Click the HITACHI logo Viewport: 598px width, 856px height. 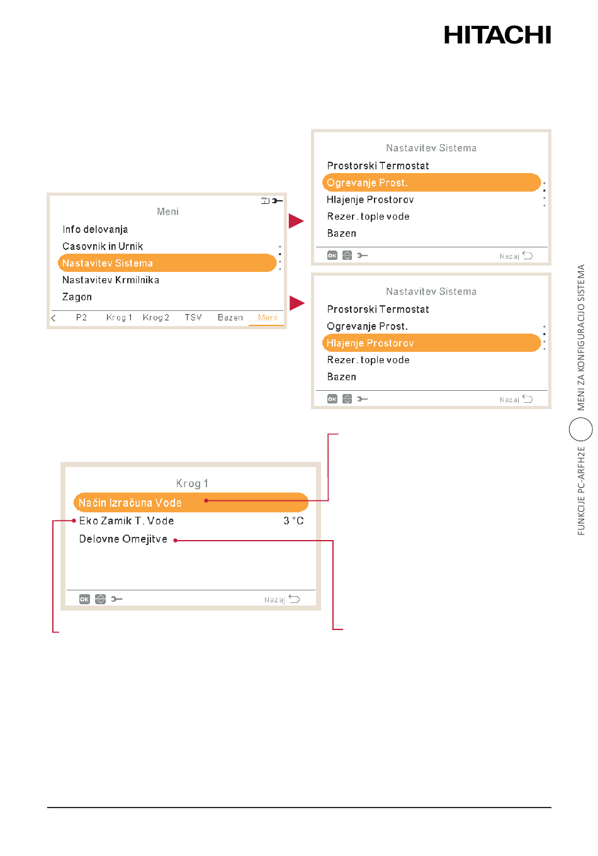497,35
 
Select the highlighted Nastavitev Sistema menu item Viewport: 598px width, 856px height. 167,263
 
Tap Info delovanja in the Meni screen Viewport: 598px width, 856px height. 95,229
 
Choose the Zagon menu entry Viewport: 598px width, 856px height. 77,297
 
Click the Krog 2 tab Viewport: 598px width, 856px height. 155,318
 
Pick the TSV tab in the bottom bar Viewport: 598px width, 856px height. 193,318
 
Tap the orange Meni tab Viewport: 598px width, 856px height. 267,318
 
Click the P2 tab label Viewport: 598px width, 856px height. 81,318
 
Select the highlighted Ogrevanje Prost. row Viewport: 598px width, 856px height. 431,183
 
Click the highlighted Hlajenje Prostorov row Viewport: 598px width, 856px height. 431,343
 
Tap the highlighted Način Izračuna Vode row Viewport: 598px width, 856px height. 191,502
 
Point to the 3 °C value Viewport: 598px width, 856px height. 293,521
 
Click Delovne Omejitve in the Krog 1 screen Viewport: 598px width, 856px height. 123,539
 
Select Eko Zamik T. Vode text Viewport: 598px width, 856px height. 127,521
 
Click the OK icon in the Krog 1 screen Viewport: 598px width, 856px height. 84,599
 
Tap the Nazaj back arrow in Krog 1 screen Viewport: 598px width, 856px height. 294,599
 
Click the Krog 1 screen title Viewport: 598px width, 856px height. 192,483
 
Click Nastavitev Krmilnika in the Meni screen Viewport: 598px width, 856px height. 111,280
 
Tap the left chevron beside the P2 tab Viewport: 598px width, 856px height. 54,318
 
